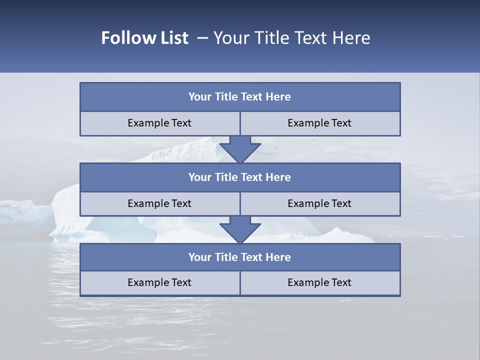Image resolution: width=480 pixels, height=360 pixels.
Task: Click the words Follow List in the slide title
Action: point(144,38)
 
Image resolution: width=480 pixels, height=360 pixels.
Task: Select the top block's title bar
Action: point(240,97)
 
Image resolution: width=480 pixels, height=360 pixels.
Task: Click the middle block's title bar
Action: point(240,177)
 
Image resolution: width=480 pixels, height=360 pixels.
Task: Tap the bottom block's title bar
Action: point(240,257)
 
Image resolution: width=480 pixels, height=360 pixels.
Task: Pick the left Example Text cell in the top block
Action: point(160,123)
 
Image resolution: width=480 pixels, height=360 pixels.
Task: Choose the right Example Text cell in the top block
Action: point(320,123)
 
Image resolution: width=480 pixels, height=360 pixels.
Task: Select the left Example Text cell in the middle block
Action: point(160,204)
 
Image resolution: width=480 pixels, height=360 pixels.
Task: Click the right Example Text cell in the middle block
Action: point(320,204)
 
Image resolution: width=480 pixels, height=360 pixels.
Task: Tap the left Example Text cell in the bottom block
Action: point(160,283)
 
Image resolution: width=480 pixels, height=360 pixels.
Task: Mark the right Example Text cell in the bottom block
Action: point(320,283)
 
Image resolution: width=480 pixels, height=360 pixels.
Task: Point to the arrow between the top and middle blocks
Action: point(240,149)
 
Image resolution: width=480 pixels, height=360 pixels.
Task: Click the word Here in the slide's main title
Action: point(350,38)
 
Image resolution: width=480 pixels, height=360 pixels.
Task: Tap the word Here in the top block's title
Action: point(278,97)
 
